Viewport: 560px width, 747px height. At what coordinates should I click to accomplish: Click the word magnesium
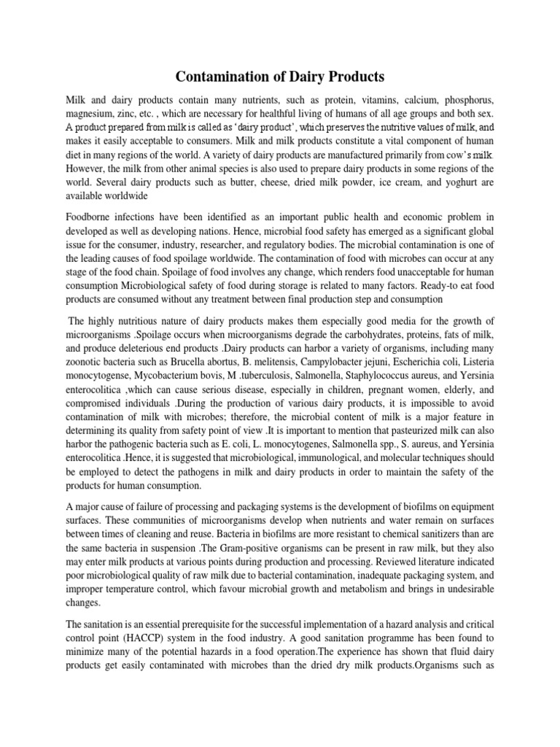point(90,114)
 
